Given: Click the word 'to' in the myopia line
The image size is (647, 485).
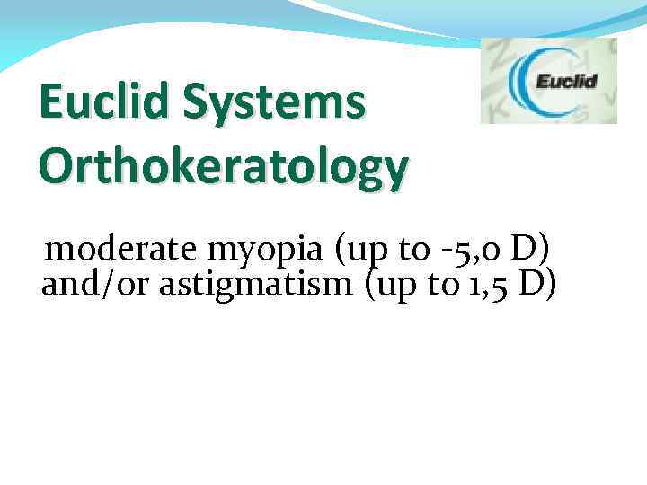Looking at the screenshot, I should [414, 247].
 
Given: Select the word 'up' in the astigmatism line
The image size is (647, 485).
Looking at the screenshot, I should [394, 287].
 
